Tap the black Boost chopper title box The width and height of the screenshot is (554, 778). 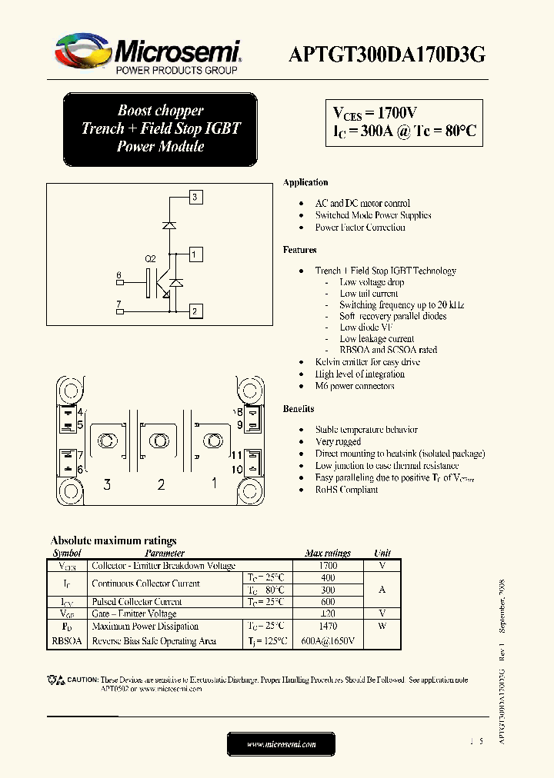click(160, 129)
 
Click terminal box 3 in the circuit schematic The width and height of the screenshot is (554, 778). click(195, 198)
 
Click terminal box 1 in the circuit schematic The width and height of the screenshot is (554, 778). click(195, 254)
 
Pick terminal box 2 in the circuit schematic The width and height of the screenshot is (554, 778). click(195, 311)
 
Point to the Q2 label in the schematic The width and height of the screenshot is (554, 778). click(150, 259)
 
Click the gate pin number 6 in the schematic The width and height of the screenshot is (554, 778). click(118, 275)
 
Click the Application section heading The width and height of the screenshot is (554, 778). click(305, 183)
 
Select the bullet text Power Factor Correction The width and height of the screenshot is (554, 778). click(359, 228)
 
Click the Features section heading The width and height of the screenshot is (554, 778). click(299, 250)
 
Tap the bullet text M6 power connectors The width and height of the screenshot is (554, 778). click(354, 386)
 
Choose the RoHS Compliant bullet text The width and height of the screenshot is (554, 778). click(346, 490)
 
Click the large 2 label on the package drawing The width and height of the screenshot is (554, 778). click(161, 484)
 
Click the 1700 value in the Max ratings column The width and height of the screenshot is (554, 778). click(327, 566)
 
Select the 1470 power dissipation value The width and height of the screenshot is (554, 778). click(327, 627)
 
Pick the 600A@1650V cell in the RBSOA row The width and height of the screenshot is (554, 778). click(327, 641)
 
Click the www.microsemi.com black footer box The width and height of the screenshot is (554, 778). click(281, 744)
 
